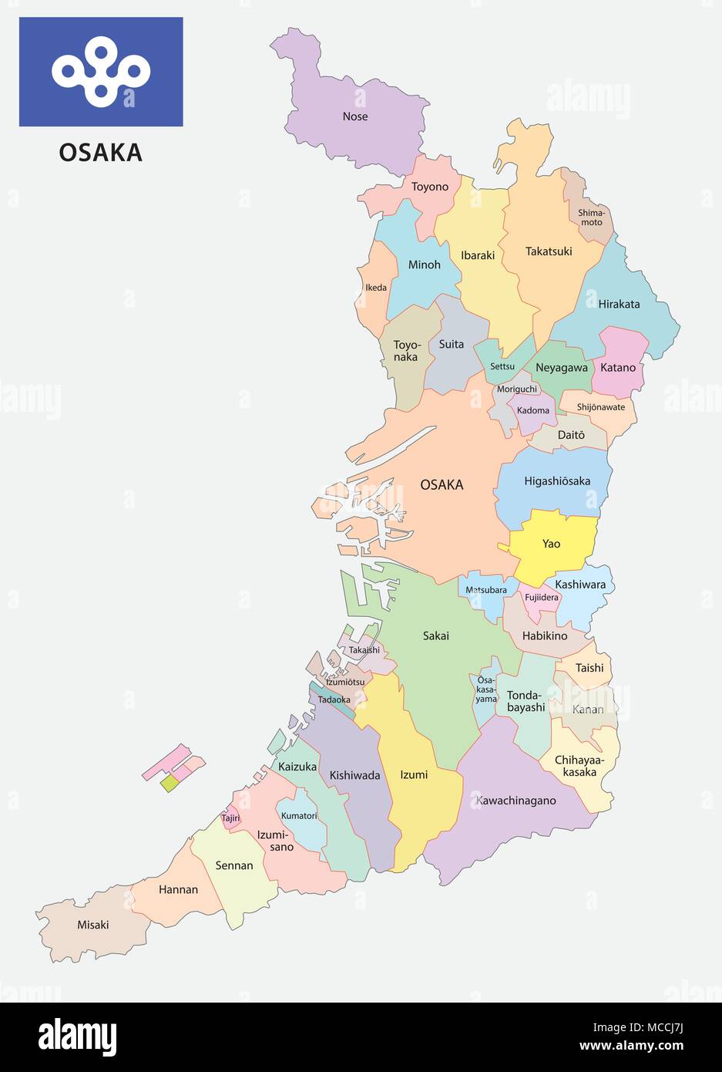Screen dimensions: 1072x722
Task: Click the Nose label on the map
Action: pyautogui.click(x=355, y=116)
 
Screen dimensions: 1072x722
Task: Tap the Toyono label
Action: pyautogui.click(x=429, y=187)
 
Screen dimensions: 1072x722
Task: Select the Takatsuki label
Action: pyautogui.click(x=549, y=251)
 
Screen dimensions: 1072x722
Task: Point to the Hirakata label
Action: pyautogui.click(x=619, y=304)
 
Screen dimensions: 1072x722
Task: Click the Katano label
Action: pyautogui.click(x=618, y=367)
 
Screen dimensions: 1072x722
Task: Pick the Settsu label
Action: pyautogui.click(x=502, y=366)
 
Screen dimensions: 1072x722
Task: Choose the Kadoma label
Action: pyautogui.click(x=533, y=410)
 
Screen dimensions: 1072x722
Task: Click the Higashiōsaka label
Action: pyautogui.click(x=557, y=481)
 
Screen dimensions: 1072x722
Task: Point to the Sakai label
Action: pyautogui.click(x=435, y=636)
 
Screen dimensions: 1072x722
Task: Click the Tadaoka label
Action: pyautogui.click(x=334, y=699)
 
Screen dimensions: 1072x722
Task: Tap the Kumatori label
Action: pyautogui.click(x=299, y=815)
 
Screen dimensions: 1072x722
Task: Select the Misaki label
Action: pyautogui.click(x=92, y=925)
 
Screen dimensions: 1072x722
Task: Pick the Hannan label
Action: pyautogui.click(x=178, y=889)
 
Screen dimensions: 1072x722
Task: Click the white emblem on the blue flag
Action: pyautogui.click(x=101, y=72)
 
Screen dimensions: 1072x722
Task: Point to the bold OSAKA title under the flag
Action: pyautogui.click(x=101, y=153)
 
